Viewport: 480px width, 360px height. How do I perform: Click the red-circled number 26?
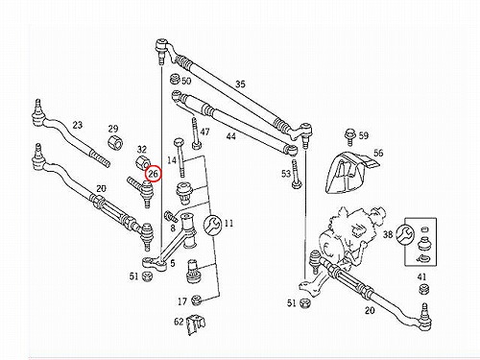pyautogui.click(x=154, y=174)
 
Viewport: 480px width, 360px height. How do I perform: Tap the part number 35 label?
pyautogui.click(x=240, y=84)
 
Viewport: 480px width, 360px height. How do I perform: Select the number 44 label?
pyautogui.click(x=230, y=136)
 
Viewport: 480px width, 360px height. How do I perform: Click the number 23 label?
pyautogui.click(x=78, y=125)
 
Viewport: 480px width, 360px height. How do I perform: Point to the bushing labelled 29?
pyautogui.click(x=115, y=143)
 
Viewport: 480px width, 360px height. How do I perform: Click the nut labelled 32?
pyautogui.click(x=142, y=162)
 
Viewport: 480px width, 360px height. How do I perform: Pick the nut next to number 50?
pyautogui.click(x=175, y=79)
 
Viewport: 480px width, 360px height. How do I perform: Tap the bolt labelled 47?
pyautogui.click(x=195, y=133)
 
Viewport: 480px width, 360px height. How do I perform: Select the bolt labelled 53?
pyautogui.click(x=296, y=175)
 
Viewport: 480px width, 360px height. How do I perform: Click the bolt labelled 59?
pyautogui.click(x=349, y=136)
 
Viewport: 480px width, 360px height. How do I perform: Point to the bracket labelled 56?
pyautogui.click(x=350, y=173)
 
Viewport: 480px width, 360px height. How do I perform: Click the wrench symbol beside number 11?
pyautogui.click(x=212, y=225)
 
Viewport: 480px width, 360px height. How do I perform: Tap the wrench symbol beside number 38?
pyautogui.click(x=405, y=234)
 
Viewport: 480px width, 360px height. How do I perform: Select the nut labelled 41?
pyautogui.click(x=423, y=288)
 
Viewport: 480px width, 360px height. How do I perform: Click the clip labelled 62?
pyautogui.click(x=196, y=324)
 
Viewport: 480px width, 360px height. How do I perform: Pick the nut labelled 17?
pyautogui.click(x=196, y=300)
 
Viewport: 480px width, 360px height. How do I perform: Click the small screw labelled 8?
pyautogui.click(x=171, y=216)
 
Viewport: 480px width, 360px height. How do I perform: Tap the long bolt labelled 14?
pyautogui.click(x=180, y=156)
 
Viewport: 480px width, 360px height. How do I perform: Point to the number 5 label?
pyautogui.click(x=173, y=263)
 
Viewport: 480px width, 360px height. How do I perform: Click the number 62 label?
pyautogui.click(x=179, y=322)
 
